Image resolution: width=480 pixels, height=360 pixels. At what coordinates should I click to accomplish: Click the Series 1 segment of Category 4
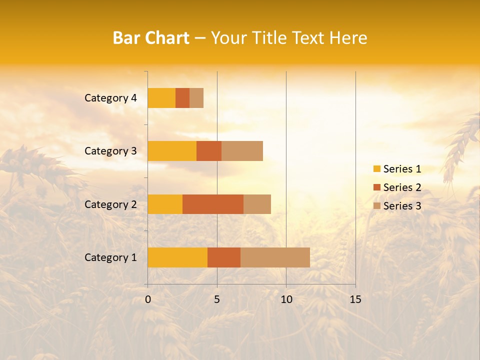point(161,98)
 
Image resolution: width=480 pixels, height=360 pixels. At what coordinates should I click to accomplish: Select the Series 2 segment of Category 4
point(182,98)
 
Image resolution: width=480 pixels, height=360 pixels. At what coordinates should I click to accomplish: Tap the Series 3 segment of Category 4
point(196,98)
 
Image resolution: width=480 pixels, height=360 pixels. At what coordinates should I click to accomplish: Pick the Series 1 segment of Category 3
point(172,151)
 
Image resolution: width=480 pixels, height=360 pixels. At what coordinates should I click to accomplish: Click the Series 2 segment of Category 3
point(209,151)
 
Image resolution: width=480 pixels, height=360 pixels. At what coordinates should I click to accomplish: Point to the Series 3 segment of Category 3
point(242,151)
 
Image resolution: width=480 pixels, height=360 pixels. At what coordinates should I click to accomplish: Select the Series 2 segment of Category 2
point(213,204)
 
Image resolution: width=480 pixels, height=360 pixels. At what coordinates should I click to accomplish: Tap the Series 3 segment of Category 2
point(257,204)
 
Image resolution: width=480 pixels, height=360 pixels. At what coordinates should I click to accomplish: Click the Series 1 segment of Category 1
point(177,257)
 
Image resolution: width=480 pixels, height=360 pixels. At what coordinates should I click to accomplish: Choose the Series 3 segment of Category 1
point(275,257)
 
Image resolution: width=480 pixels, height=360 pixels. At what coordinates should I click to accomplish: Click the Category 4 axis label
point(110,98)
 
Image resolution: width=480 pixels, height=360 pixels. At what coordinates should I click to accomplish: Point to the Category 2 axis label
point(110,204)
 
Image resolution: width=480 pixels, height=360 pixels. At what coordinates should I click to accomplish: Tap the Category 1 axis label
point(110,257)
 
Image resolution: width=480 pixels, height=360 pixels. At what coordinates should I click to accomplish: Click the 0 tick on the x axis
point(148,299)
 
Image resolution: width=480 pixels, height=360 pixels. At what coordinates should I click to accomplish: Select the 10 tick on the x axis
point(286,299)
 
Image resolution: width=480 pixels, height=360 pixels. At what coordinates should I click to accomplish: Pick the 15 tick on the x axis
point(355,299)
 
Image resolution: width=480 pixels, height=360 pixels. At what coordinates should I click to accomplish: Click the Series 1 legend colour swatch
point(376,169)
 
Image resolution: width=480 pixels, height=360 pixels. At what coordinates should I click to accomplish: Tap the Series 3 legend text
point(402,206)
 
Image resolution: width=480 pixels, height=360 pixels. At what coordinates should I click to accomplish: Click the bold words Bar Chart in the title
point(151,38)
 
